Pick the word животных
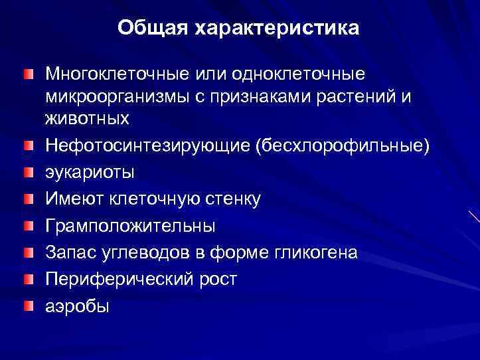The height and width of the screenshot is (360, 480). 88,120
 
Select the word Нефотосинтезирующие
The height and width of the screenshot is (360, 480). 148,145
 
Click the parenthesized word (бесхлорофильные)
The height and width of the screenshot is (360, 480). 342,145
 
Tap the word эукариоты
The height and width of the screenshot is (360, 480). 90,173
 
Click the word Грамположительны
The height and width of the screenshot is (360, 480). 130,226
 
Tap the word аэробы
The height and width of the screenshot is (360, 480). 77,306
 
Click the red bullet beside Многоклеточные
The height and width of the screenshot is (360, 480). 25,70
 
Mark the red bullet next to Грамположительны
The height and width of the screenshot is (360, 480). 25,225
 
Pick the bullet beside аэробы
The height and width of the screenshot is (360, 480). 25,305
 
